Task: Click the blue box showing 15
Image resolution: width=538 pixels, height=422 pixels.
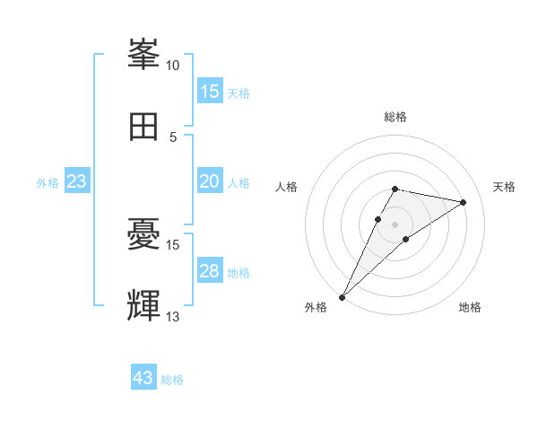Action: point(210,92)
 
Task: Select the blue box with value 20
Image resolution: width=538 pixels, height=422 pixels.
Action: point(210,181)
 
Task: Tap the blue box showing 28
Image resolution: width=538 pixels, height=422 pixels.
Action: point(210,271)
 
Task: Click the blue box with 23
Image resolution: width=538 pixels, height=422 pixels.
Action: point(77,181)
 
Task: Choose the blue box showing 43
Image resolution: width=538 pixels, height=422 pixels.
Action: point(143,378)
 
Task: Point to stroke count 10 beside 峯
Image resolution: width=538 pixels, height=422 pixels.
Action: point(173,65)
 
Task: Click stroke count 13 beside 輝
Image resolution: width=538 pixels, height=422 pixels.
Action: point(173,317)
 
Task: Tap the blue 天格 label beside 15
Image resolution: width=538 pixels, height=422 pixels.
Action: point(239,92)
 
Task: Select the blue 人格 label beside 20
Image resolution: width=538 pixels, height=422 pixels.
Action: point(239,182)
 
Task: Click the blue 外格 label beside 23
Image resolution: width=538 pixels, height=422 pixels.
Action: point(48,182)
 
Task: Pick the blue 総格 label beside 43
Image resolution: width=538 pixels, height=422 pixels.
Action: point(172,380)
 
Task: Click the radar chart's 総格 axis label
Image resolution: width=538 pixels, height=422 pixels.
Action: point(395,117)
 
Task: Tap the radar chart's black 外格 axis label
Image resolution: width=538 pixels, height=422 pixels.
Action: point(316,307)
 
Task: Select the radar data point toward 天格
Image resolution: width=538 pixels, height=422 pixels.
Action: point(464,202)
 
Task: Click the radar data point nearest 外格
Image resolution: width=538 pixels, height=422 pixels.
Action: point(342,296)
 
